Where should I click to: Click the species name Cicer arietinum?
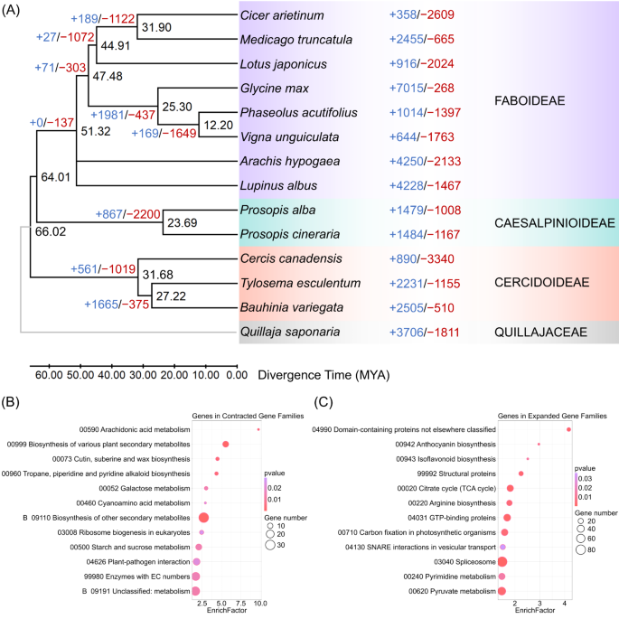tap(283, 17)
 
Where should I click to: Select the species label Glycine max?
tap(275, 89)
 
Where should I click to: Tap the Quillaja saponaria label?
tap(290, 333)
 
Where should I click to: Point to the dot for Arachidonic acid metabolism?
tap(258, 429)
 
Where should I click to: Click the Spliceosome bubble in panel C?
tap(502, 561)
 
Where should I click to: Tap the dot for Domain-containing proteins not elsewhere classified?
tap(568, 429)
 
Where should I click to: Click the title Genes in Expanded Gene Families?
tap(524, 416)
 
